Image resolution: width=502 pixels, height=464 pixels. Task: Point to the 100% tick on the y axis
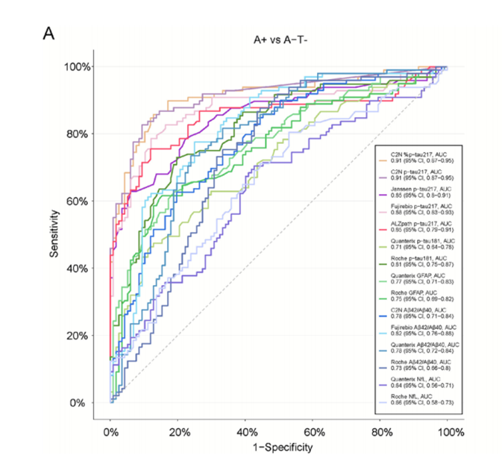pyautogui.click(x=78, y=66)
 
